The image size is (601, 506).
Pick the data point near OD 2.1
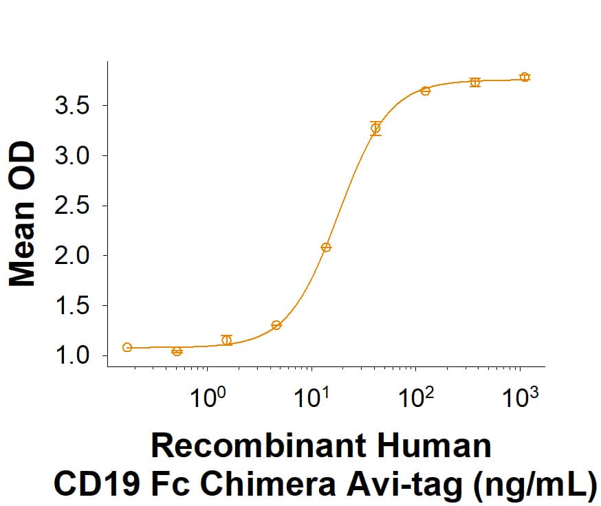(326, 247)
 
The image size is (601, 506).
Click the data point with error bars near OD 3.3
(375, 128)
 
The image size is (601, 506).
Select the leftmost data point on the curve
(127, 347)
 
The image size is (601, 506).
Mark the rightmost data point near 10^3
(525, 77)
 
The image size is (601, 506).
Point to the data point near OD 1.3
(276, 325)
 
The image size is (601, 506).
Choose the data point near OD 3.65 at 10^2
(426, 91)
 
